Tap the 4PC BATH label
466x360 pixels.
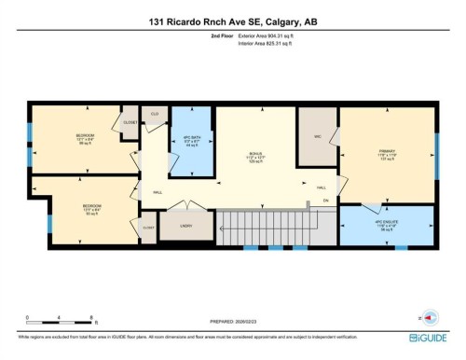(x=190, y=139)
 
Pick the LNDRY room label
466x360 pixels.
(x=185, y=225)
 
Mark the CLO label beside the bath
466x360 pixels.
(x=154, y=114)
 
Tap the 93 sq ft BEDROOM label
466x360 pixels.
(x=91, y=209)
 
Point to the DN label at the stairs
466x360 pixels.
(x=326, y=201)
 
